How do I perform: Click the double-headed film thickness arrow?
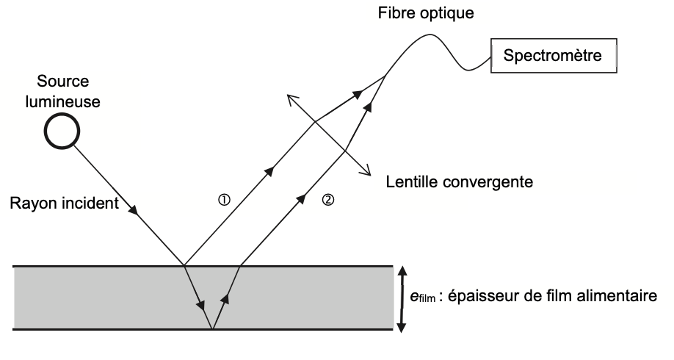(x=402, y=298)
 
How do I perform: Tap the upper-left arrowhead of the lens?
(x=289, y=97)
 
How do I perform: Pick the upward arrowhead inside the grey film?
(x=226, y=298)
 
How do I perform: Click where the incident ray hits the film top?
(x=183, y=265)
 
